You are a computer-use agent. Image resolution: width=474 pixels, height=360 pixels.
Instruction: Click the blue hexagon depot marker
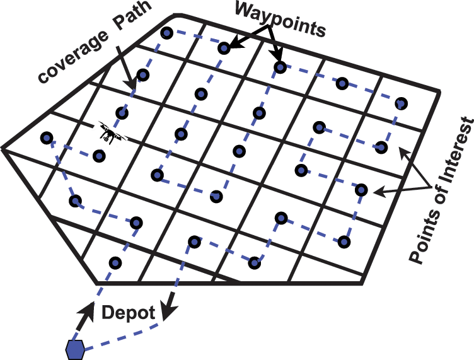(x=75, y=348)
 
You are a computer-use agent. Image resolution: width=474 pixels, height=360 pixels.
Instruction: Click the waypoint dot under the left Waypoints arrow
(x=224, y=48)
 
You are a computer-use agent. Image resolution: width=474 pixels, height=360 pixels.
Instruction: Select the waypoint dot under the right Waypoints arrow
(x=279, y=66)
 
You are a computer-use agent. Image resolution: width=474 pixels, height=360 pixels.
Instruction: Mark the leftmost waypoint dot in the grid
(x=46, y=137)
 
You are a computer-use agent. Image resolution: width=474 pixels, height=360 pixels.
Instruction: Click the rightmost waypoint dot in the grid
(x=401, y=103)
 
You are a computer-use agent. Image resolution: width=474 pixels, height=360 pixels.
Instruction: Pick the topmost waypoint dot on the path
(x=166, y=33)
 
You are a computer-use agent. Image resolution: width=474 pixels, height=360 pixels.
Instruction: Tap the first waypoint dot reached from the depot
(x=114, y=262)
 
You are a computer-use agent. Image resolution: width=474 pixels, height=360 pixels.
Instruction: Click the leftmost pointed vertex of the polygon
(x=3, y=149)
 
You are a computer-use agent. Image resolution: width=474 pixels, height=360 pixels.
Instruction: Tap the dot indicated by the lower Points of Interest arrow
(x=361, y=189)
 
